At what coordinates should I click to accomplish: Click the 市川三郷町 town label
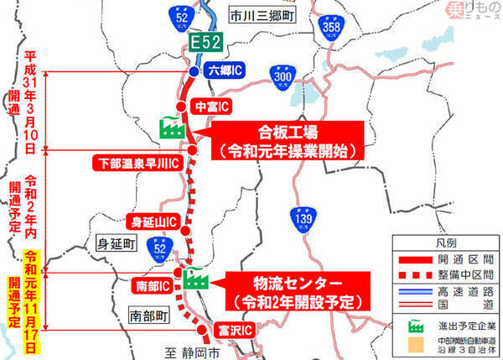pos(251,13)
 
